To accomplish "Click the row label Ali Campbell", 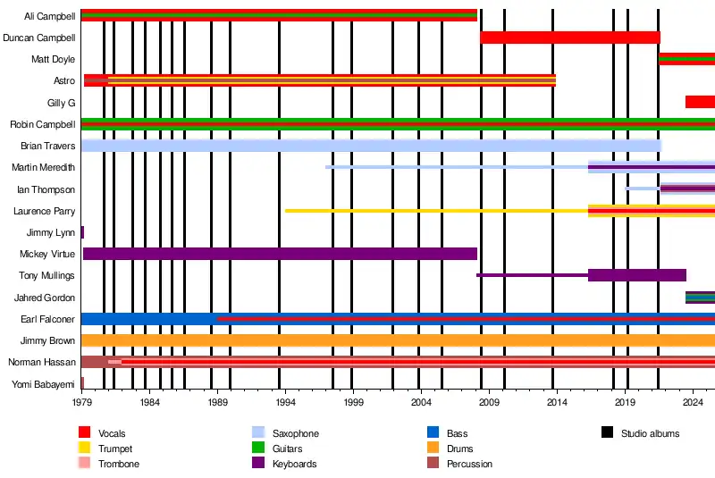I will coord(49,16).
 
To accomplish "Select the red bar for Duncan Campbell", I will coord(570,38).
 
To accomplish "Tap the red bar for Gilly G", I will coord(700,102).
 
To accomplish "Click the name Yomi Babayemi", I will coord(43,384).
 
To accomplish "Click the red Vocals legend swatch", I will coord(85,433).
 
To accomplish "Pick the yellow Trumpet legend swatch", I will coord(85,449).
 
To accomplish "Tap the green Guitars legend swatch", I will coord(259,449).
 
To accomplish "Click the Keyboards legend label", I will coord(295,465).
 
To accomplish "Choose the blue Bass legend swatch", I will coord(433,433).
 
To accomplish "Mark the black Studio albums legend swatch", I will coord(608,433).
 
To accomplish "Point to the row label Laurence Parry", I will coord(44,211).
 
